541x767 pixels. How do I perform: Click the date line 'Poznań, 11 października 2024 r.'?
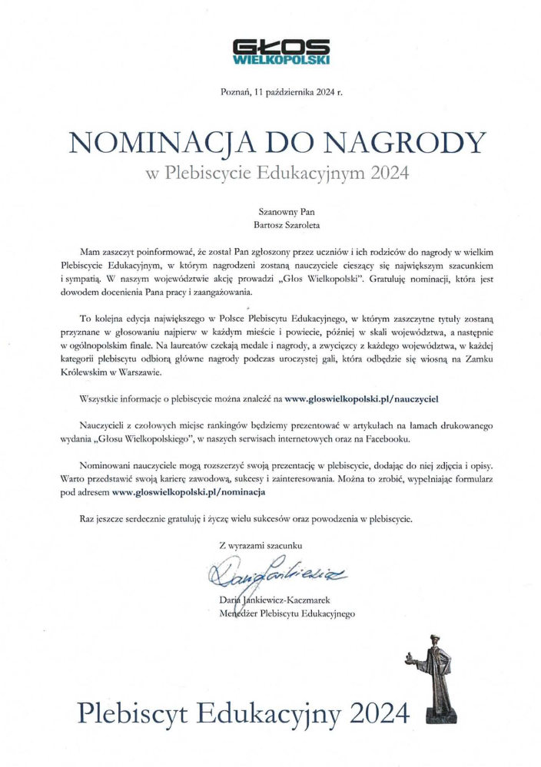280,94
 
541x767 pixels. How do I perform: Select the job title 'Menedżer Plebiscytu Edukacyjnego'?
287,613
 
